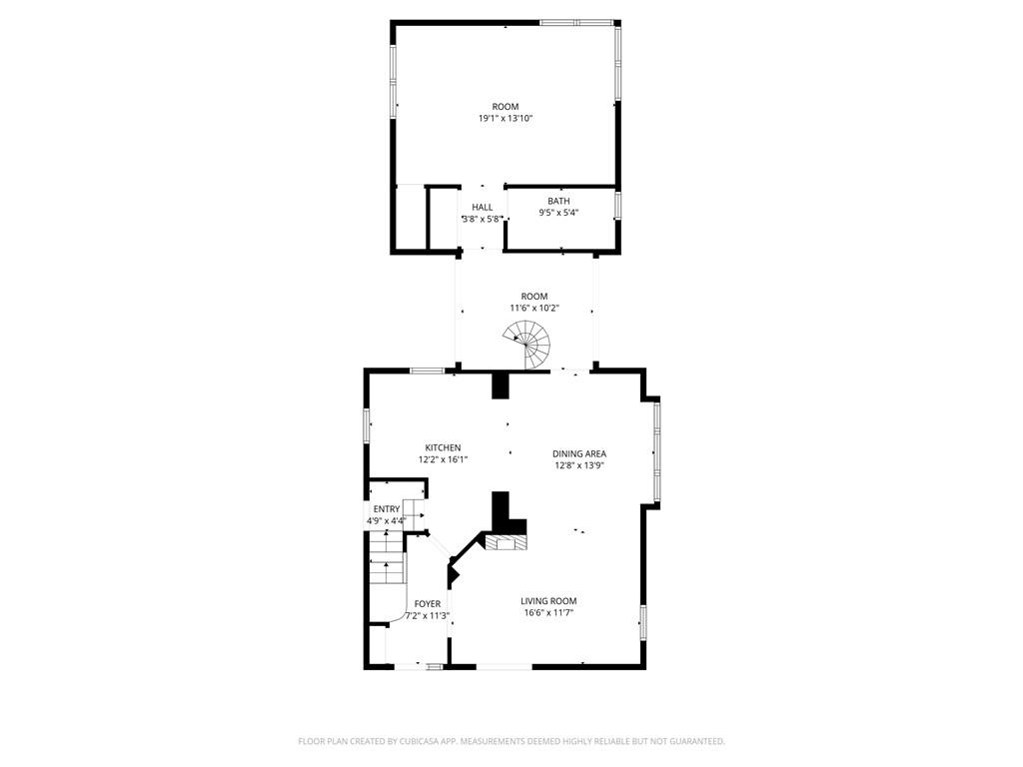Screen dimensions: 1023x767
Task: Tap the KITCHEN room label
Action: (x=443, y=447)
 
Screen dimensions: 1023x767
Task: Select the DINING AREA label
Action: (x=579, y=454)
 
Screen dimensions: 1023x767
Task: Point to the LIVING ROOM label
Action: (x=548, y=600)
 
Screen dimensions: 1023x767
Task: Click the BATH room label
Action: (x=558, y=201)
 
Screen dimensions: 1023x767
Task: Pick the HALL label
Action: (x=483, y=208)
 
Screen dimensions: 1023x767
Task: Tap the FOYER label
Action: (x=428, y=604)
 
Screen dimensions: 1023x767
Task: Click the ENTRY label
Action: (x=387, y=509)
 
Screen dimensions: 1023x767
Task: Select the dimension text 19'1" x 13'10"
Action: (x=506, y=119)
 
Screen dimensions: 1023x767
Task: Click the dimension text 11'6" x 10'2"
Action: (x=534, y=308)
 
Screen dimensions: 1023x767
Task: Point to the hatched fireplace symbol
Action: (x=506, y=543)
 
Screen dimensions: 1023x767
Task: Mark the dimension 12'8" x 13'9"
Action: (x=579, y=465)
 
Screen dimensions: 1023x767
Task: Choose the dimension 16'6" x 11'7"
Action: (x=548, y=612)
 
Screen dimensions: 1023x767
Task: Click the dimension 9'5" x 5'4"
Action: (x=558, y=213)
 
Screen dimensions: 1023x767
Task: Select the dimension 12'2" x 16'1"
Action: (x=443, y=459)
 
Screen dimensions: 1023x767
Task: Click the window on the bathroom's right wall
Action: (x=617, y=204)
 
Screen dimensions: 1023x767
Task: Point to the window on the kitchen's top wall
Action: (x=428, y=372)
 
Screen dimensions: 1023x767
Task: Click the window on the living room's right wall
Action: (x=642, y=622)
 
